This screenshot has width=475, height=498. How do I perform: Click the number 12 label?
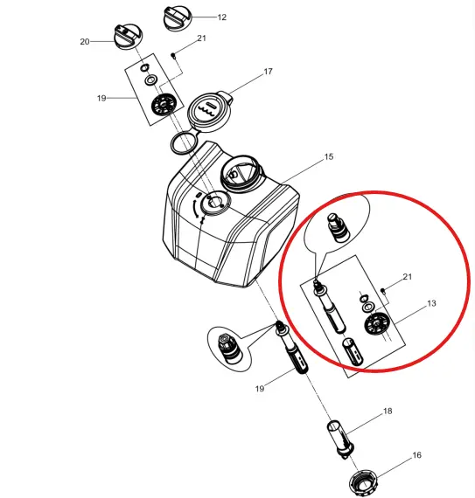[221, 17]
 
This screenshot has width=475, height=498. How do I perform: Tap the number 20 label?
[85, 42]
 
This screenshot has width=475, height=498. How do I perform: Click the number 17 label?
[269, 72]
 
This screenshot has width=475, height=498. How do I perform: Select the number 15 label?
[328, 157]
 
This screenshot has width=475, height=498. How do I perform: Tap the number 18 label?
[388, 410]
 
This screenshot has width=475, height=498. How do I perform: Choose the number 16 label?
[416, 455]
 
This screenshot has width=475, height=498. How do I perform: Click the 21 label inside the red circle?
[407, 277]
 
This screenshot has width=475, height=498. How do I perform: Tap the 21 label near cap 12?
[201, 38]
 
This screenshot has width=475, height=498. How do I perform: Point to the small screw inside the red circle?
[385, 289]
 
